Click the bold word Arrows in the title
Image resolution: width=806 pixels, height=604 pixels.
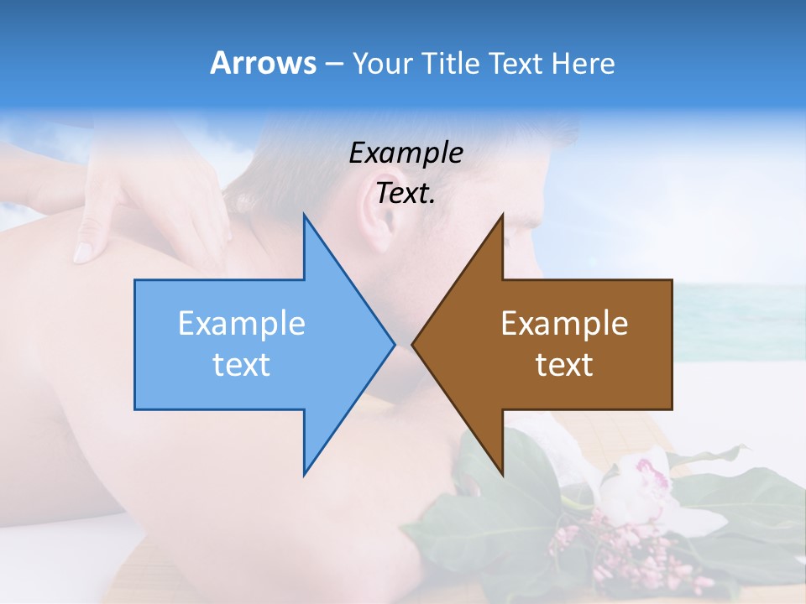coord(263,63)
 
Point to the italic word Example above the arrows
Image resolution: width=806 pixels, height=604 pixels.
coord(406,154)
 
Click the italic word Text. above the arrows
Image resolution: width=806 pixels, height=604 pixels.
coord(406,194)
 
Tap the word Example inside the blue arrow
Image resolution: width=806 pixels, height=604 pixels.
coord(241,324)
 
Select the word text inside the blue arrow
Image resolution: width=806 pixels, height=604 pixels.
coord(241,365)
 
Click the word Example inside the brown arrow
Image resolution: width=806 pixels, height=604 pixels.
coord(564,324)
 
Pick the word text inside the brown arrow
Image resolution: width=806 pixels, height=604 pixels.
coord(564,365)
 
